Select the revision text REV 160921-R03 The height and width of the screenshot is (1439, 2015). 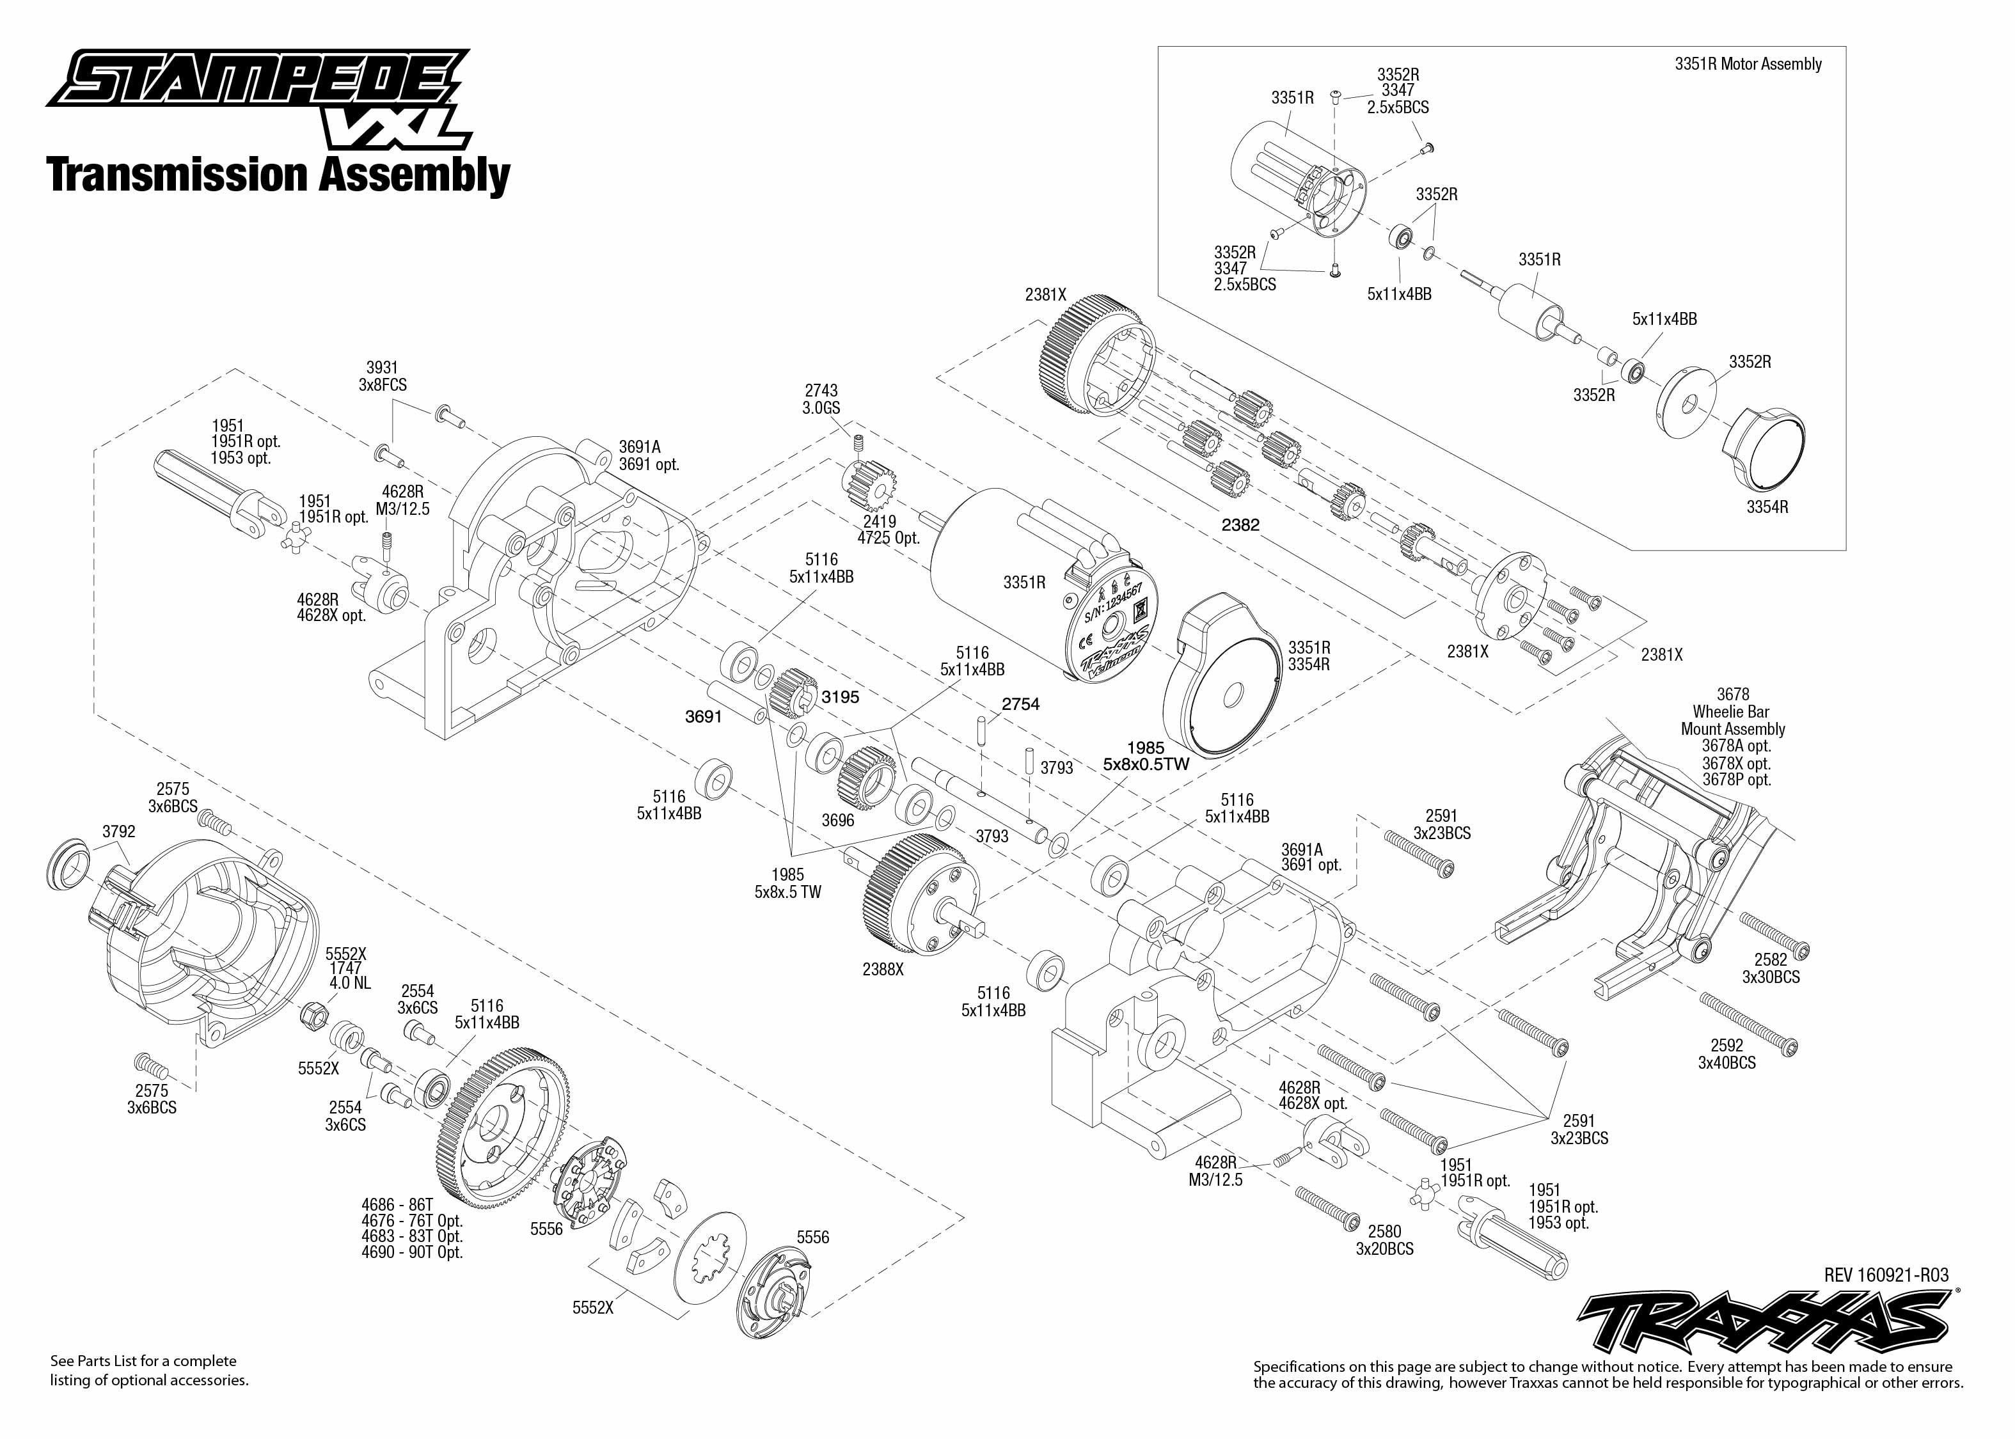[1886, 1275]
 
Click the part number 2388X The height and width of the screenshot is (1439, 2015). [883, 970]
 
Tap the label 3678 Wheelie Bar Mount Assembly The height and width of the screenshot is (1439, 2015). [1732, 712]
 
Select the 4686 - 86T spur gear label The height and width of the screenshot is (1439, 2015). [397, 1205]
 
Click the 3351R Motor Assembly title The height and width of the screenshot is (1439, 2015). [1748, 64]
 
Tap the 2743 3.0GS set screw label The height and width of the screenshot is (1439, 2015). [821, 398]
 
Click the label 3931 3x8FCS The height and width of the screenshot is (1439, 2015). [382, 375]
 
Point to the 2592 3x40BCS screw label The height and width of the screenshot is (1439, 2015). [1726, 1053]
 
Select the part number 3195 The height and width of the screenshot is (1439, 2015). [839, 697]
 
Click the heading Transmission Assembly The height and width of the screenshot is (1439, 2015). [278, 175]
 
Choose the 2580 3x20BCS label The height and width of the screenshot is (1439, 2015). [1384, 1239]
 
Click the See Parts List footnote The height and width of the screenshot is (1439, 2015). [149, 1370]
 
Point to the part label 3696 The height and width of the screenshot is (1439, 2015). [837, 821]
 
